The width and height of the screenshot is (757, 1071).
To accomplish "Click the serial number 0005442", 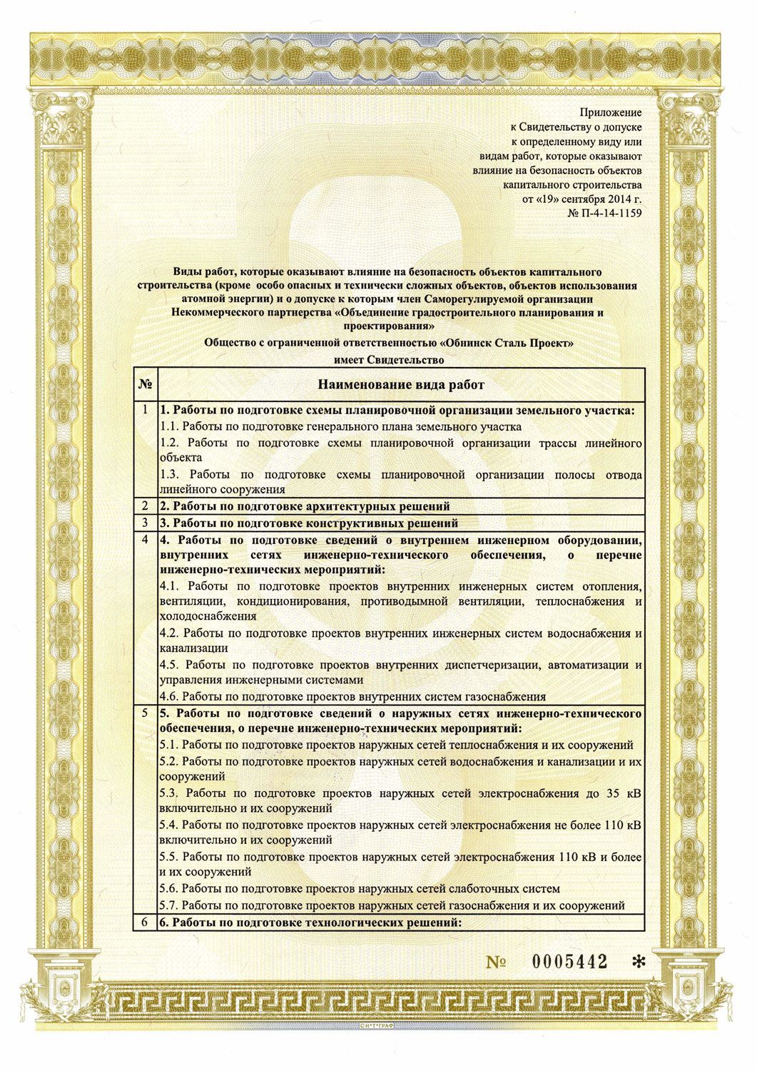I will (570, 962).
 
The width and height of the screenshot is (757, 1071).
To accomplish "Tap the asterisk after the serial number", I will (639, 962).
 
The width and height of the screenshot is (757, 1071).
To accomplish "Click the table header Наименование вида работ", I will (401, 385).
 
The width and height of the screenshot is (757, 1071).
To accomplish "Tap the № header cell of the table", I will (146, 385).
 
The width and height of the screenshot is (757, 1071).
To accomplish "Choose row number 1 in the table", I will (146, 410).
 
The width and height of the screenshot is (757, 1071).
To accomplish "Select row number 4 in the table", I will (146, 539).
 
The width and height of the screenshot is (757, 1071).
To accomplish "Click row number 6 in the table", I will (146, 922).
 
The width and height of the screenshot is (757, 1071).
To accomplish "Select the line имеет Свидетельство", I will (389, 360).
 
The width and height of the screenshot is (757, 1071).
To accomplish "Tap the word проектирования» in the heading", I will (389, 326).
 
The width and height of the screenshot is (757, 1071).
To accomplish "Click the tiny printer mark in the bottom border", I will (377, 1025).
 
